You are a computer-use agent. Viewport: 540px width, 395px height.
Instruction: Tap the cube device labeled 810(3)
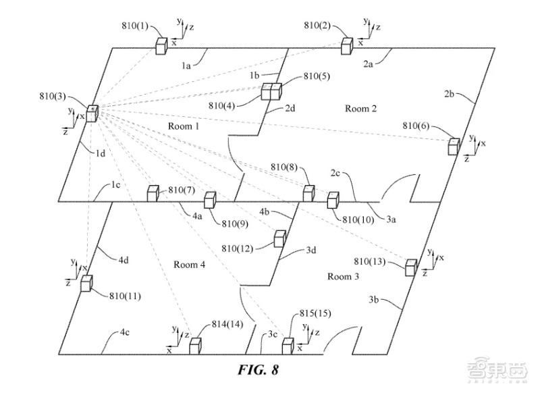(91, 113)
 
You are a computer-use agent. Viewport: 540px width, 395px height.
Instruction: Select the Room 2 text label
(360, 109)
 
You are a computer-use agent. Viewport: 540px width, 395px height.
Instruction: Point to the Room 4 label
(189, 265)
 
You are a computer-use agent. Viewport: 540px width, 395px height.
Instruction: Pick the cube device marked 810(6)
(454, 145)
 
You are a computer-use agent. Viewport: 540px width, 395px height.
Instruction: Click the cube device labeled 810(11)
(86, 283)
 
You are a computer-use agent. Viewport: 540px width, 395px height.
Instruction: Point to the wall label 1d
(100, 155)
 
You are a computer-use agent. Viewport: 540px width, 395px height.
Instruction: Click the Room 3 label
(344, 276)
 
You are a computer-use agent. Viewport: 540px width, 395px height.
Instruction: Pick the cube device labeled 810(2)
(347, 45)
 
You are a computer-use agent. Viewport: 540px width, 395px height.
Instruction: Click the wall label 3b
(377, 298)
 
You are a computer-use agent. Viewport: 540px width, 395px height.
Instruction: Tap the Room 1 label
(183, 126)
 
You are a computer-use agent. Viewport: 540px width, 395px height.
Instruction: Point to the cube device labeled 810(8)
(308, 192)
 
